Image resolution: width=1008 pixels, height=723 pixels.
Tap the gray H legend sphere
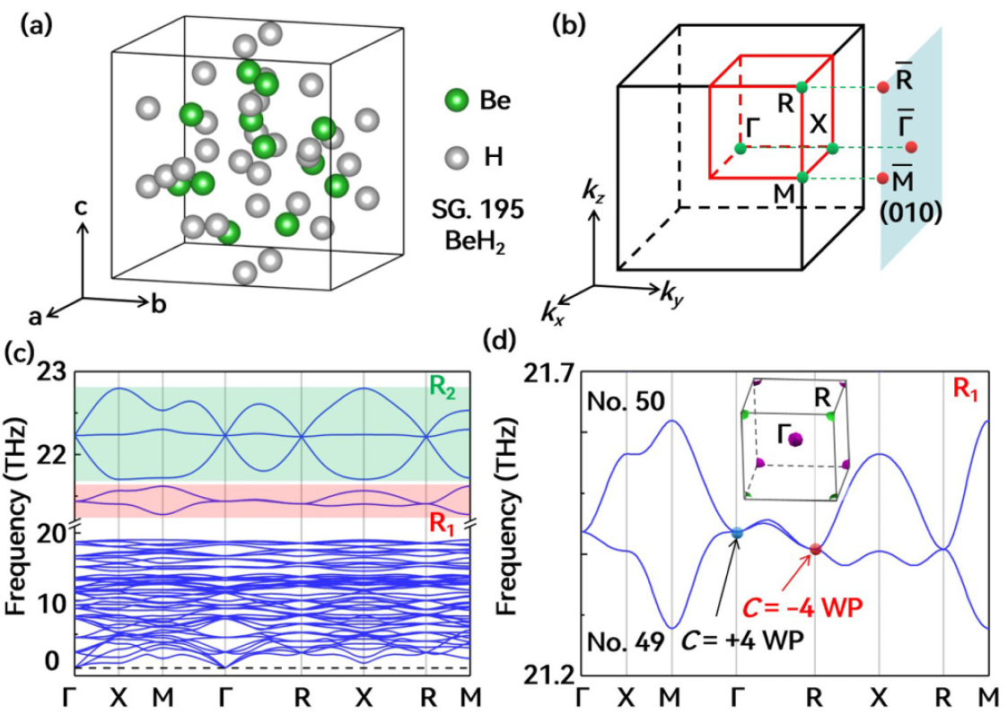pos(458,158)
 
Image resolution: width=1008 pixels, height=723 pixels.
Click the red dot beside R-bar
pos(883,87)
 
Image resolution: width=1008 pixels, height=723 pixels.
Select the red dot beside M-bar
pos(883,178)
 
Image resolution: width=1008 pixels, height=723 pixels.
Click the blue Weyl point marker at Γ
pos(737,533)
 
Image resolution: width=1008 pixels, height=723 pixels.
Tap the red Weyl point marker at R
pos(815,549)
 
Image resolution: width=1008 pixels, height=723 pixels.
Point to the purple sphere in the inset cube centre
pos(795,438)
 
